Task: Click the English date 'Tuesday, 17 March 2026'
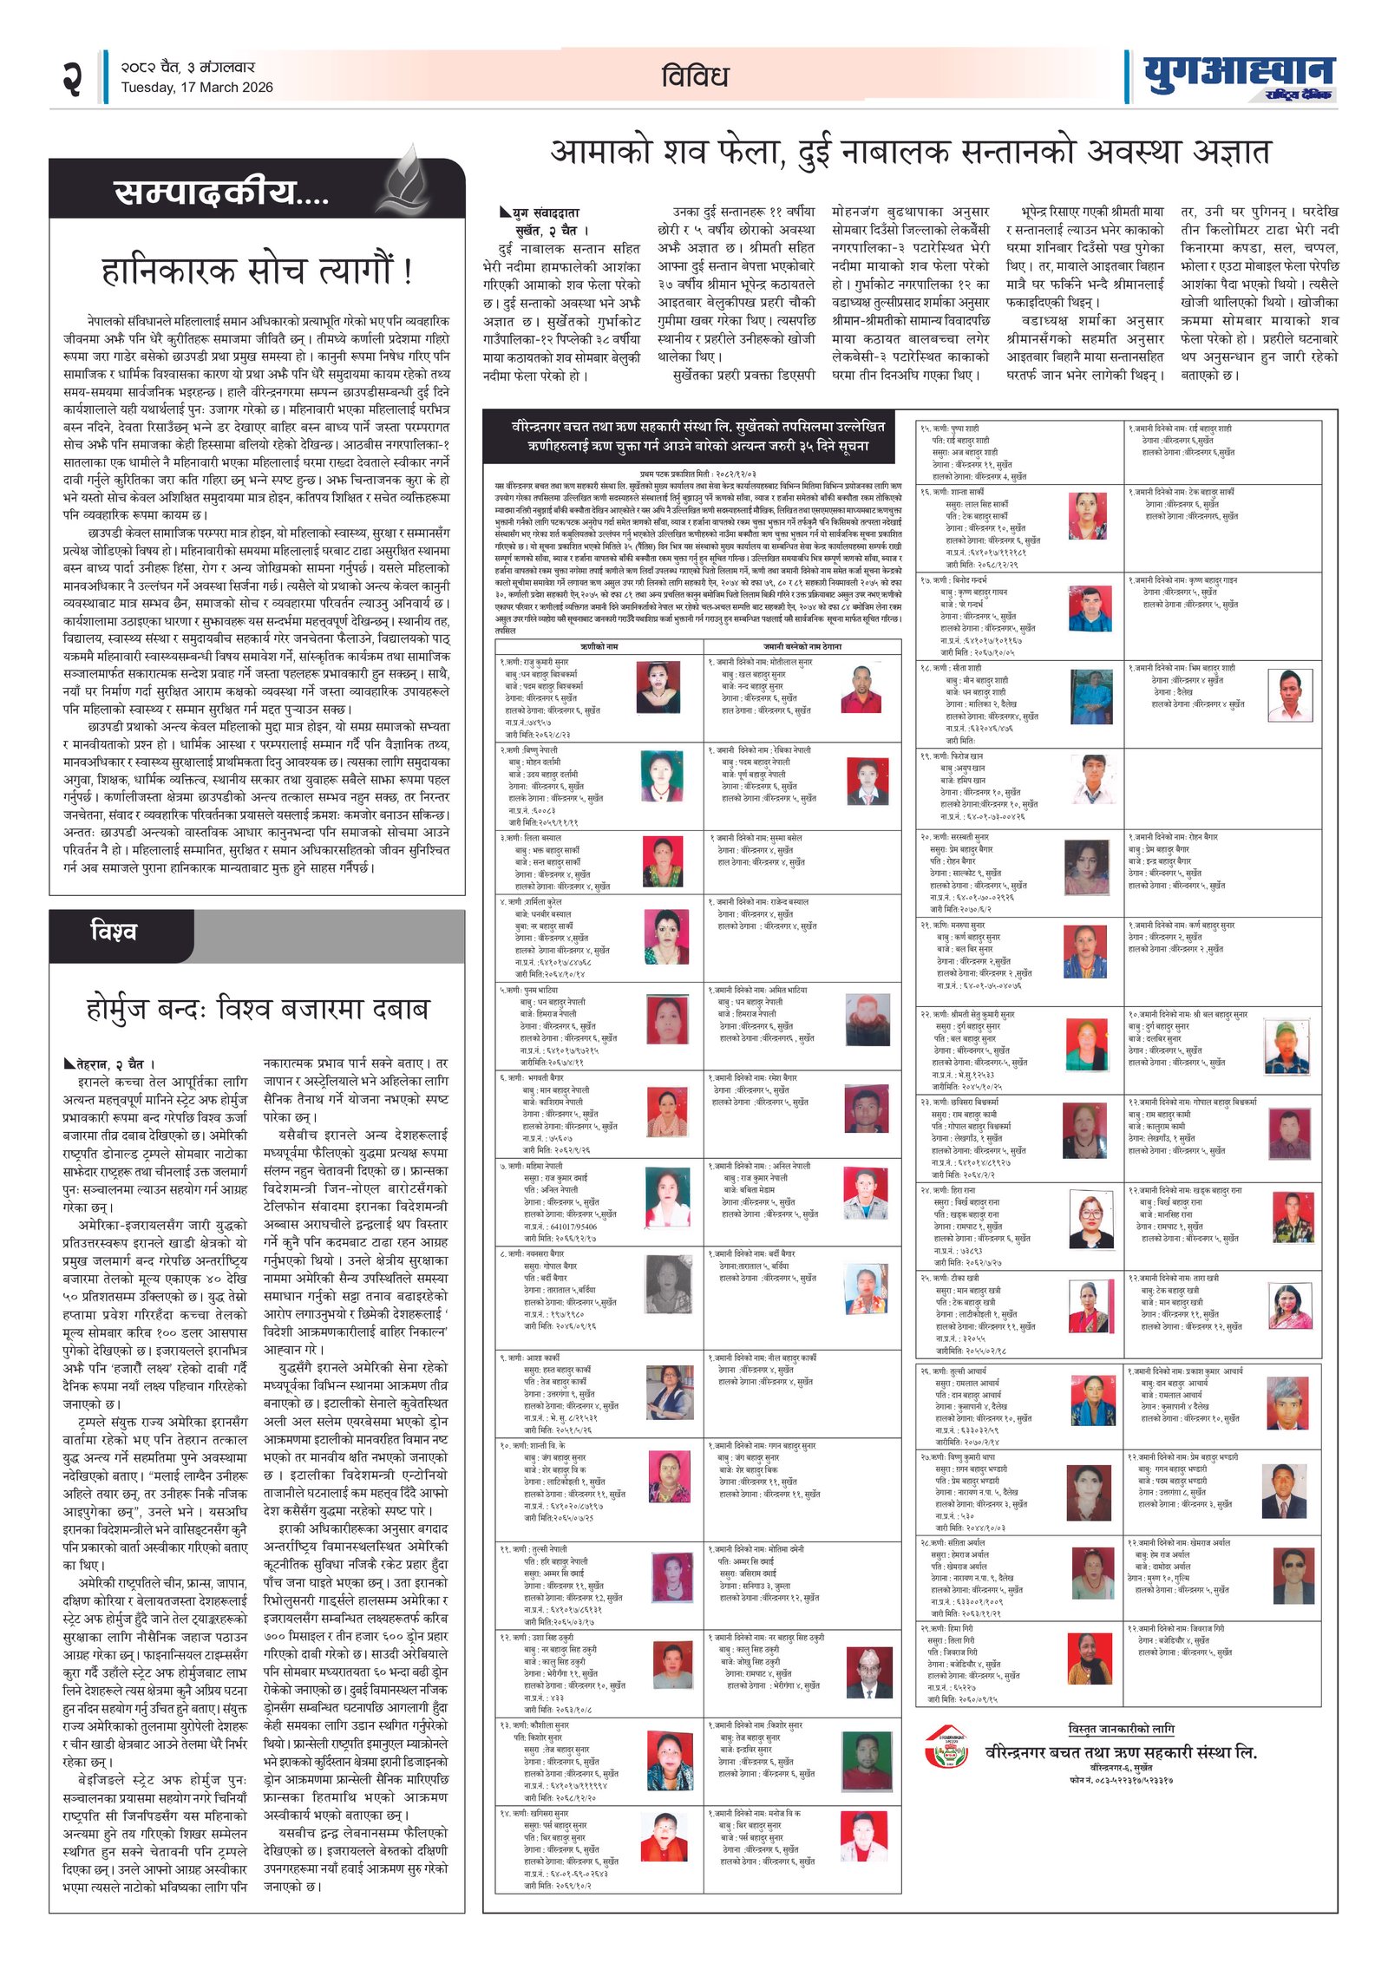197,88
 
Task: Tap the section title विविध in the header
694,77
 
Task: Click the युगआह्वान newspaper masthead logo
1238,77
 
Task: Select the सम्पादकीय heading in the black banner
221,193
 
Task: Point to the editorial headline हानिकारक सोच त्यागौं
257,272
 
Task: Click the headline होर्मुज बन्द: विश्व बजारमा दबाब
257,1009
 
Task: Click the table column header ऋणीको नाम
599,647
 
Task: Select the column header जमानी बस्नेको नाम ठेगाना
802,647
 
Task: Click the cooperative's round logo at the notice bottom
946,1747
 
